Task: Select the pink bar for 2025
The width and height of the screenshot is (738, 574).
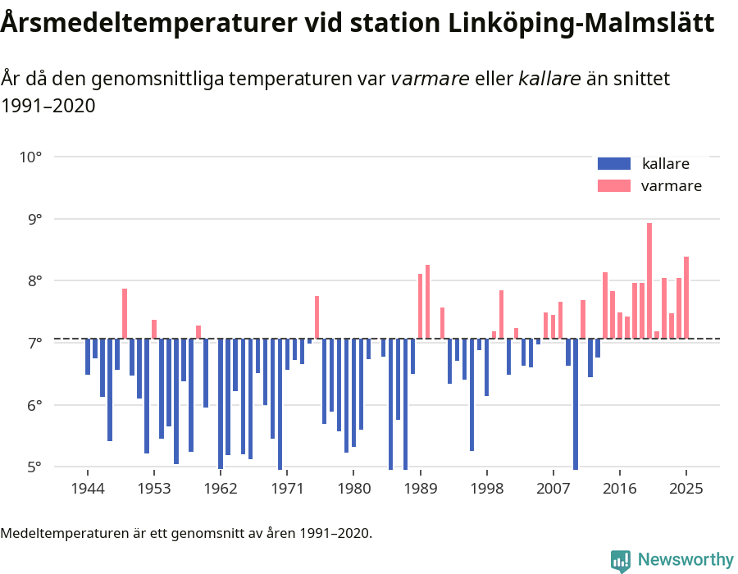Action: coord(686,297)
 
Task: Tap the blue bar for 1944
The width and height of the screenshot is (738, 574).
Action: coord(88,356)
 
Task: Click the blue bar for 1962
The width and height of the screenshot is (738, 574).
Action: coord(221,403)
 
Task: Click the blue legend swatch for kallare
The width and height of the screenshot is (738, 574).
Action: coord(613,163)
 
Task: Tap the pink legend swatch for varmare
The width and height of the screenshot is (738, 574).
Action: coord(613,185)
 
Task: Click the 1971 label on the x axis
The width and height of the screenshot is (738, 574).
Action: coord(287,489)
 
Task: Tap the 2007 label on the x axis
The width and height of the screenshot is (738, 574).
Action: coord(553,489)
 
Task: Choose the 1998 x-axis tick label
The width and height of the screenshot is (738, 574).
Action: coord(487,489)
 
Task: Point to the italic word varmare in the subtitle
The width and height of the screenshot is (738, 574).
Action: coord(430,79)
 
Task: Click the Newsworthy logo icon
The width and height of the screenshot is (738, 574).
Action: coord(621,560)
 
